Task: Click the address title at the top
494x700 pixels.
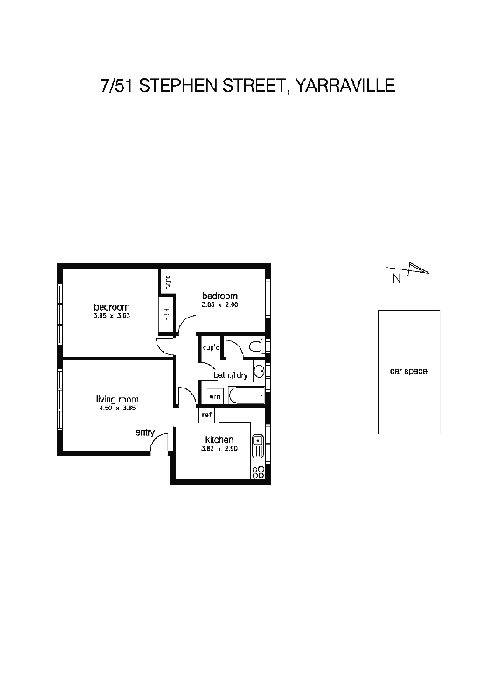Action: [x=247, y=86]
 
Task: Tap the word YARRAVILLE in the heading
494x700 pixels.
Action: [x=346, y=86]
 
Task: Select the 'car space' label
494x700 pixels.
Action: [x=408, y=372]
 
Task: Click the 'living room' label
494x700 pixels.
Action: [x=117, y=400]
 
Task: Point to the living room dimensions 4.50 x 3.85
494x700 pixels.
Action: [x=117, y=409]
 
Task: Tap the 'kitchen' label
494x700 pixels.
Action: [x=219, y=439]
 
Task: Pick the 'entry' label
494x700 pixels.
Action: [x=145, y=432]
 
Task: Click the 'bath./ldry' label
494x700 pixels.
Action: [x=232, y=375]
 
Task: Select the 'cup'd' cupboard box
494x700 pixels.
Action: [x=211, y=347]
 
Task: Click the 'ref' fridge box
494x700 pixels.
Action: [x=207, y=415]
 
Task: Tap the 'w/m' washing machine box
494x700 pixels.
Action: [x=214, y=396]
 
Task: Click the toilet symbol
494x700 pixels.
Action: [x=255, y=348]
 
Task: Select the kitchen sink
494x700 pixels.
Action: [x=258, y=447]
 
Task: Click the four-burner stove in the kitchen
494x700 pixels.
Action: [x=258, y=472]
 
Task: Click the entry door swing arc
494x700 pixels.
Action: [x=157, y=444]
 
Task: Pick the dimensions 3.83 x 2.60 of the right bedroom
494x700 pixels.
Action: [x=219, y=305]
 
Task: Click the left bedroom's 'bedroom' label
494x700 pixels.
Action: [x=112, y=307]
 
